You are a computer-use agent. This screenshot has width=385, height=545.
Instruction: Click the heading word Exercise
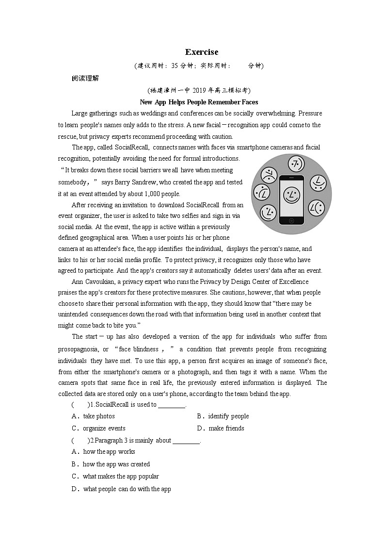click(x=202, y=52)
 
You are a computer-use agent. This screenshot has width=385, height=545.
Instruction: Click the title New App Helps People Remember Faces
click(x=199, y=102)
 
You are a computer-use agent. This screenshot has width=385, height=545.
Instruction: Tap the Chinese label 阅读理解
click(x=85, y=78)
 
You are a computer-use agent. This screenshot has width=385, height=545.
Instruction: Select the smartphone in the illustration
click(x=291, y=199)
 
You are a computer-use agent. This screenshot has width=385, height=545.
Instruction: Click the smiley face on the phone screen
click(x=291, y=196)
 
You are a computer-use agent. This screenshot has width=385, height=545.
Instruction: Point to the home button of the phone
click(x=291, y=220)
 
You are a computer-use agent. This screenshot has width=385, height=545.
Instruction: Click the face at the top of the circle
click(x=295, y=164)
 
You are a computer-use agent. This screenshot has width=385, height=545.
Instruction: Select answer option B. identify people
click(x=223, y=416)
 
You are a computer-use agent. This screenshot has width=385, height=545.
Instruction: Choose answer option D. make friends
click(x=221, y=428)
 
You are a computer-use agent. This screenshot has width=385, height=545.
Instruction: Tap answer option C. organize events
click(x=98, y=428)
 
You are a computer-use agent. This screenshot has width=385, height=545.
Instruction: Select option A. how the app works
click(x=103, y=451)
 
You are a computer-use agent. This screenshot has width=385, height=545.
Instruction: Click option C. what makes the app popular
click(x=115, y=476)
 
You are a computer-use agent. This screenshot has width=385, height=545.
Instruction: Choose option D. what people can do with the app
click(x=121, y=489)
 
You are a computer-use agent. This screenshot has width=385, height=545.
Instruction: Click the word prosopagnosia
click(x=77, y=349)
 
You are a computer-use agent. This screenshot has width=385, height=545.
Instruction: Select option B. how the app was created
click(x=111, y=464)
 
